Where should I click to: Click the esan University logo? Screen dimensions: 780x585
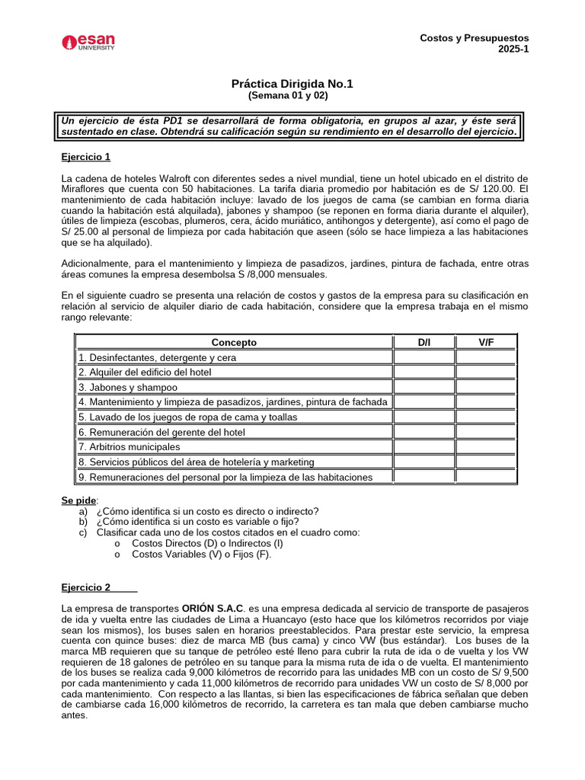[x=88, y=42]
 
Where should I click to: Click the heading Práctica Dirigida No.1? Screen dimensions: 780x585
[x=292, y=84]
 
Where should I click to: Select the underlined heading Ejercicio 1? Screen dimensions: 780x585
[x=86, y=157]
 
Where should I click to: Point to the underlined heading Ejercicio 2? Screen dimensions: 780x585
[x=86, y=587]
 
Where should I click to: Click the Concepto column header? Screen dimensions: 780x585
[x=234, y=343]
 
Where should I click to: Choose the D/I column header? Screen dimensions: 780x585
[x=424, y=343]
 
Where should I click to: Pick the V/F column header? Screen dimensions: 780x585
[x=486, y=343]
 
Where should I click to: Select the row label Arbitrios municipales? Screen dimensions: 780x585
[x=129, y=447]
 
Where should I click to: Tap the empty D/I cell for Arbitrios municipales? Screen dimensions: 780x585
[x=424, y=447]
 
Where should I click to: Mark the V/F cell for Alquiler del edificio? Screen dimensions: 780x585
[x=486, y=372]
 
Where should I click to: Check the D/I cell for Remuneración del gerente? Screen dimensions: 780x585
[x=424, y=432]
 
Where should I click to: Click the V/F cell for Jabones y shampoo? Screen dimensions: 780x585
[x=486, y=387]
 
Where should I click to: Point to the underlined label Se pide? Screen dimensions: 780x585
[x=79, y=500]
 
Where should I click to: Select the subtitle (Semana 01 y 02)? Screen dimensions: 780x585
[x=292, y=96]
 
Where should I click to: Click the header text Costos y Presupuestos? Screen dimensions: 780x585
[x=475, y=38]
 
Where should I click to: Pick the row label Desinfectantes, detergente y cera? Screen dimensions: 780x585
[x=158, y=357]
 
